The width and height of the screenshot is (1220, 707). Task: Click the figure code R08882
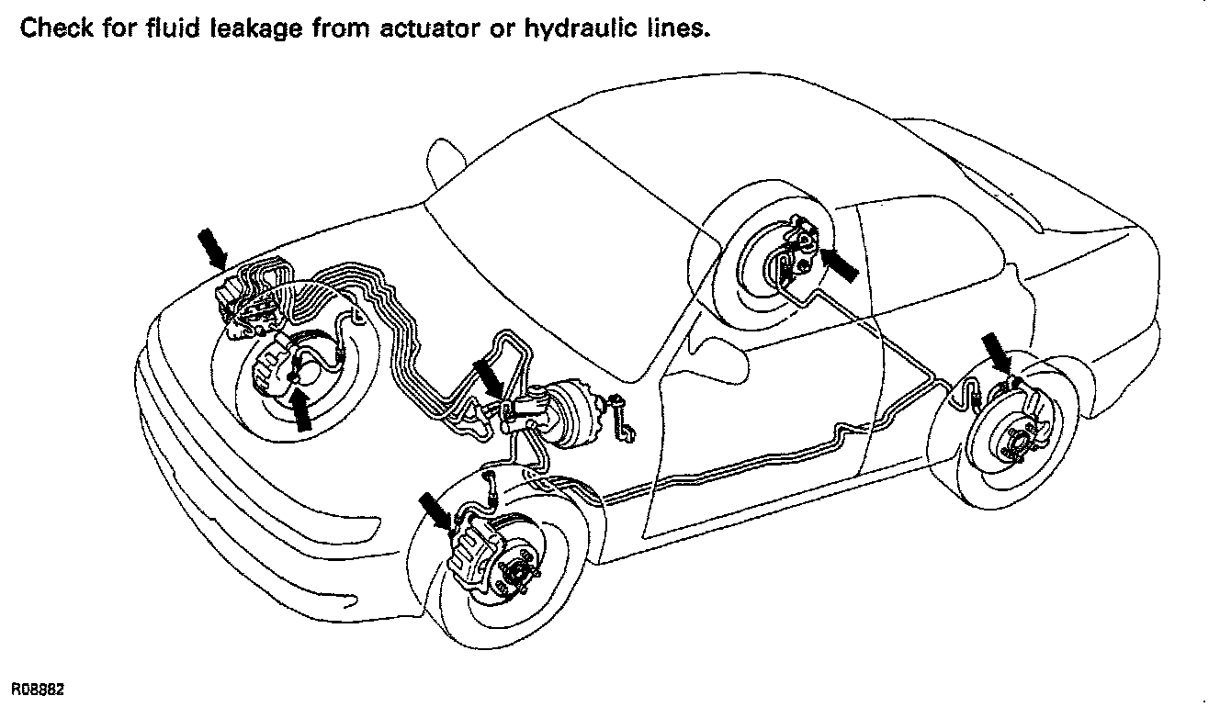point(38,687)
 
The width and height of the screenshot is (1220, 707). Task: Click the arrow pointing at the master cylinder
point(486,376)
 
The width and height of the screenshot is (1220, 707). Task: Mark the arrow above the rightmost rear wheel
point(996,353)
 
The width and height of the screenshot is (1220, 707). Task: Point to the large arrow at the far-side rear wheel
point(839,264)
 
